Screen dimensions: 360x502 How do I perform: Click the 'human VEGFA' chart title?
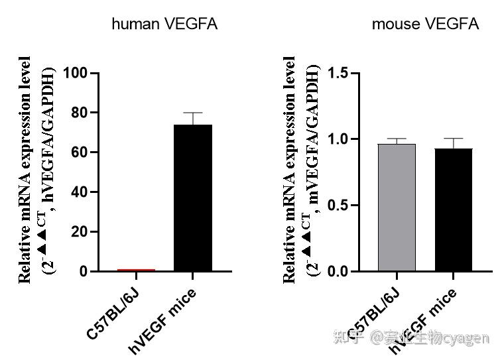[x=164, y=25]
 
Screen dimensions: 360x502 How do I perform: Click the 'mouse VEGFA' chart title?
[x=425, y=25]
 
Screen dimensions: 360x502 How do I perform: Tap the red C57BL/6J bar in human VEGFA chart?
[x=135, y=270]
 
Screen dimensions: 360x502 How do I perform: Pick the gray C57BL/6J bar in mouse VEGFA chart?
[x=397, y=208]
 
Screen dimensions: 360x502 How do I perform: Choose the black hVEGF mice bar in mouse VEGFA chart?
[x=454, y=210]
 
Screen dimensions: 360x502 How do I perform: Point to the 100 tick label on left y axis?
[x=76, y=73]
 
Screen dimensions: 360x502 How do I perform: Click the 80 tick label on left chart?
[x=80, y=113]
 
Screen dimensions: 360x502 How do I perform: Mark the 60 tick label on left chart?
[x=80, y=152]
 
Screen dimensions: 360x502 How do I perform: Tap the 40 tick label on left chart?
[x=80, y=192]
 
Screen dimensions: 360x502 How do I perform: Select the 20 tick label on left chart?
[x=80, y=232]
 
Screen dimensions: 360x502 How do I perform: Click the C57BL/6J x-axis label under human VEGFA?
[x=114, y=312]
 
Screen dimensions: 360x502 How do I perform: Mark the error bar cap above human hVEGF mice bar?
[x=192, y=113]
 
